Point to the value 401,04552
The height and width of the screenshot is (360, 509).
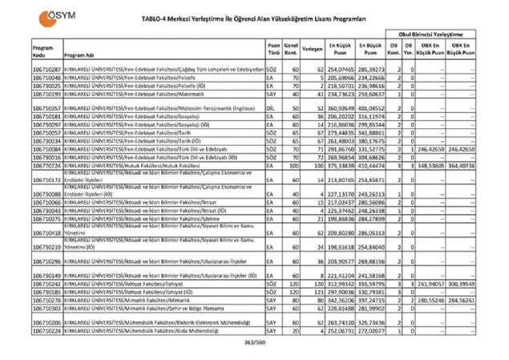click(x=370, y=107)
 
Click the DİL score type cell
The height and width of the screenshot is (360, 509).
click(x=273, y=107)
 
